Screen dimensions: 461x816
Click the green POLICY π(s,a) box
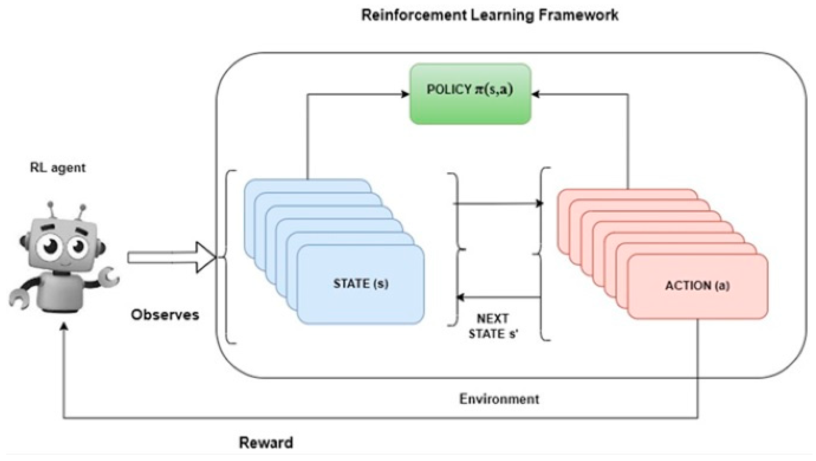(x=470, y=94)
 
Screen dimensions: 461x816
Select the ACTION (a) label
(x=697, y=286)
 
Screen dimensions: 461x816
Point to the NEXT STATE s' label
(x=493, y=326)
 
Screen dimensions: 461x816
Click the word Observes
(x=165, y=315)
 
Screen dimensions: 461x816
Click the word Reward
(x=266, y=443)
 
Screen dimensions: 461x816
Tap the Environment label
(x=499, y=399)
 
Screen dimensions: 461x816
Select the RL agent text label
(x=58, y=168)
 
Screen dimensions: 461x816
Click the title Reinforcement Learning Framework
(x=490, y=15)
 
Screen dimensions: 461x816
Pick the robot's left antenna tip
(x=50, y=206)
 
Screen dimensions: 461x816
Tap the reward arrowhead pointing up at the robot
(x=64, y=326)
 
